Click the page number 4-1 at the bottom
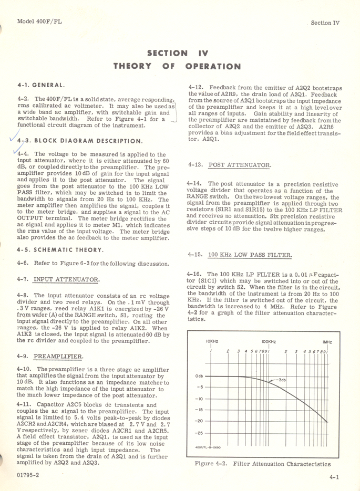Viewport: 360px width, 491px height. tap(334, 477)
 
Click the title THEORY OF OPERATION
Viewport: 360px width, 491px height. tap(177, 66)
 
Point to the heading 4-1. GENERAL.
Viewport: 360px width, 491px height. tap(42, 85)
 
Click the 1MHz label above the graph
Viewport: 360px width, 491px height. tap(327, 342)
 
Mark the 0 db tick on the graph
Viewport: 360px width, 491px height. tap(199, 377)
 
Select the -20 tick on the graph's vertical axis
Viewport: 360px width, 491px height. tap(199, 421)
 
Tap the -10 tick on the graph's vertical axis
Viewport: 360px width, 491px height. tap(199, 399)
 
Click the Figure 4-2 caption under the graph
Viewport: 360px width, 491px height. tap(262, 464)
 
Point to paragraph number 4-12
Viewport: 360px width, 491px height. tap(196, 87)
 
